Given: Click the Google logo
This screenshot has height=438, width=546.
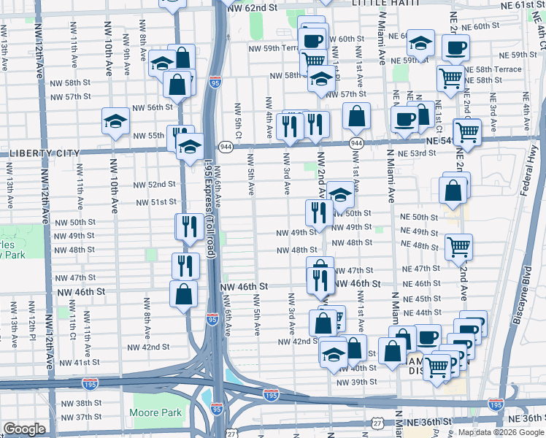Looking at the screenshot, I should pyautogui.click(x=24, y=430).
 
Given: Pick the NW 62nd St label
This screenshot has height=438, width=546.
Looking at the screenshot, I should pyautogui.click(x=253, y=7).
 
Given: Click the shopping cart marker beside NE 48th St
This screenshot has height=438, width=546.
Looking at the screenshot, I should pyautogui.click(x=458, y=247).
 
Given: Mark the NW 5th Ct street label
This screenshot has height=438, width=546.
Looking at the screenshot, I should pyautogui.click(x=238, y=119).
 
